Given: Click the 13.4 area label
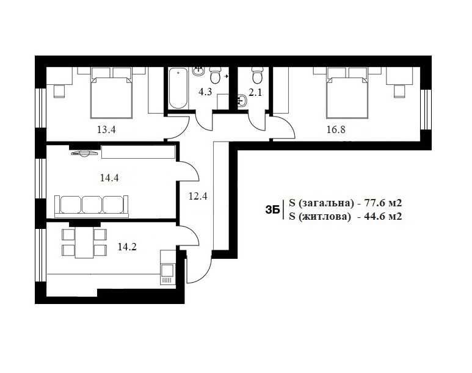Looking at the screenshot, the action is (x=106, y=130).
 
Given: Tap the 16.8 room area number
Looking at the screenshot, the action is (x=336, y=130).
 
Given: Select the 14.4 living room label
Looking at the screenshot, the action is (x=109, y=178).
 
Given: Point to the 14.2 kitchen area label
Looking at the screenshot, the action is (x=127, y=247).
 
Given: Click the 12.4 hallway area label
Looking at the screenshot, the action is (x=198, y=197).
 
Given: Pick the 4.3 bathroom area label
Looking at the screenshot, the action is (x=205, y=92).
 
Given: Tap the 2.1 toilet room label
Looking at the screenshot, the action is (x=255, y=92).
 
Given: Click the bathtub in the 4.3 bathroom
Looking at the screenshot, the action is (x=178, y=88).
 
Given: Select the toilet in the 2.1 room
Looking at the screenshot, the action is (x=257, y=75).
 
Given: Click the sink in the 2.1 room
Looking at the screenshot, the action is (x=242, y=101).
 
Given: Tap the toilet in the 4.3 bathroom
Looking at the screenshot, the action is (x=215, y=75).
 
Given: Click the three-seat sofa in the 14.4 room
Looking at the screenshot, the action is (x=92, y=206).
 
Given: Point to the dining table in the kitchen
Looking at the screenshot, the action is (x=84, y=242).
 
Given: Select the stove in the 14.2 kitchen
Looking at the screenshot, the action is (x=167, y=273).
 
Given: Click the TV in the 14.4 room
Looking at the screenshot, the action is (x=85, y=153).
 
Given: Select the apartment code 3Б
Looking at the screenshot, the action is (x=272, y=210).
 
